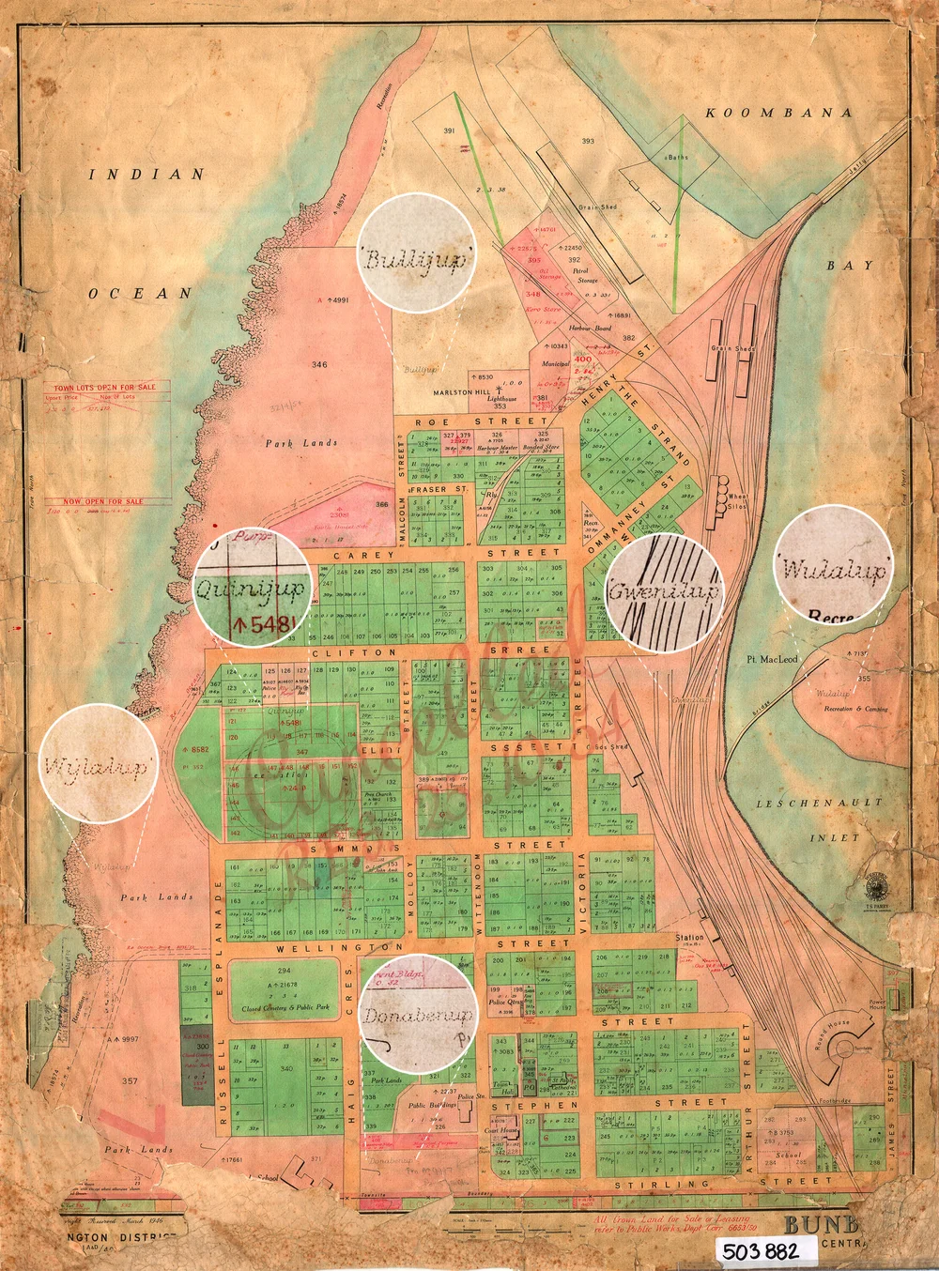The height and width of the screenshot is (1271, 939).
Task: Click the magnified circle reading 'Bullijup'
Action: [415, 257]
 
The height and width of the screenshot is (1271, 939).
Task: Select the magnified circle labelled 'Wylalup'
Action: [98, 764]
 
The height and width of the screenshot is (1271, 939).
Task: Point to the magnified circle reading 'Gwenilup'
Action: [665, 592]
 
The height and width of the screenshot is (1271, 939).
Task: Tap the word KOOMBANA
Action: [778, 113]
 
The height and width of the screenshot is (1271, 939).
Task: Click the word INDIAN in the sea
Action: [146, 174]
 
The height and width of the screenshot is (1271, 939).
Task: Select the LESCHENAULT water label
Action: [820, 804]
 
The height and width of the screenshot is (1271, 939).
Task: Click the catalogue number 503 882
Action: [760, 1250]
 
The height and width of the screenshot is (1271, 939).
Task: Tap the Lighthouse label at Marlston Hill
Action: [501, 399]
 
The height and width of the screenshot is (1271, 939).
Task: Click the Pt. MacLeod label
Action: [772, 660]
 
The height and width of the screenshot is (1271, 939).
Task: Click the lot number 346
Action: [319, 364]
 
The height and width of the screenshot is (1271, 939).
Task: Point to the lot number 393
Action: [588, 142]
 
